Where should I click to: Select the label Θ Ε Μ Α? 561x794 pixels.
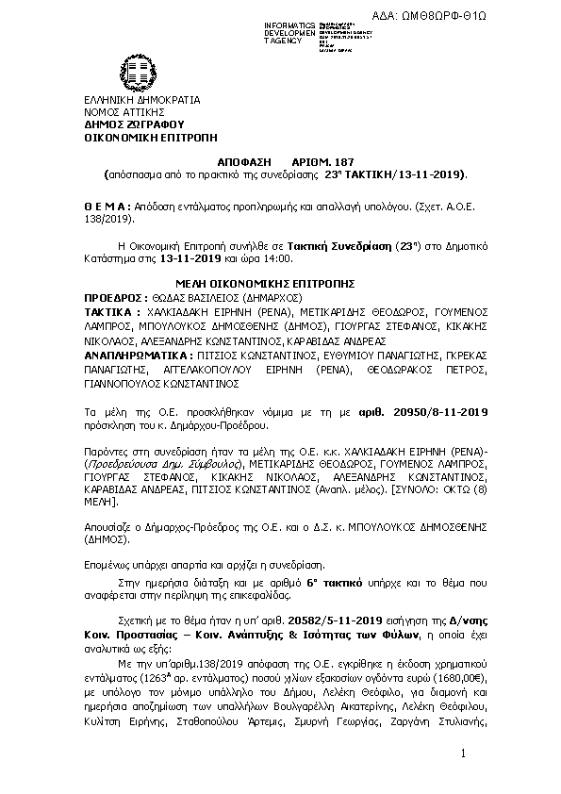point(105,205)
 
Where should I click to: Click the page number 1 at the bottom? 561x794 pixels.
point(465,754)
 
